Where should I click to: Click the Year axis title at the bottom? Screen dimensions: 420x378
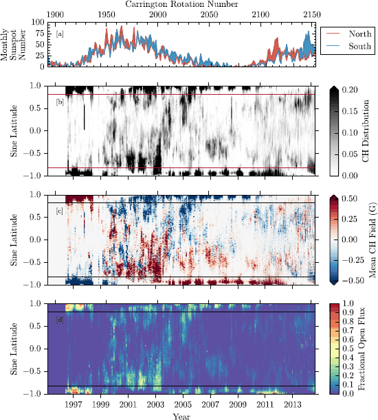182,415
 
